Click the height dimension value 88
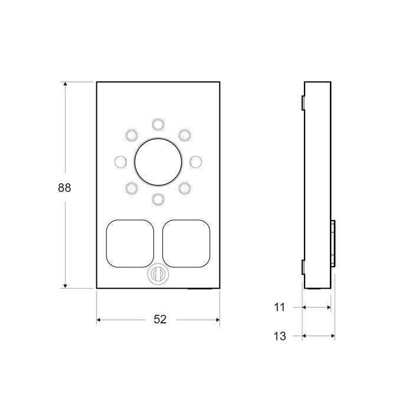[64, 188]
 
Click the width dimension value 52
[160, 319]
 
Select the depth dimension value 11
[280, 307]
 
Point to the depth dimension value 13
[280, 336]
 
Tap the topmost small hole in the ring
[158, 123]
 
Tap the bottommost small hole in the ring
[158, 199]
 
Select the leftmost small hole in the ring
[120, 161]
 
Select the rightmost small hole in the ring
[195, 161]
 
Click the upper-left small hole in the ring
[131, 135]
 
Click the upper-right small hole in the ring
[185, 135]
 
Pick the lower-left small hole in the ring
[131, 188]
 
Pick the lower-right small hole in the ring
[185, 188]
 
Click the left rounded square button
[128, 242]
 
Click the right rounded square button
[185, 242]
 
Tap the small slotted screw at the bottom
[158, 274]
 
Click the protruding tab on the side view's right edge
[333, 243]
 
